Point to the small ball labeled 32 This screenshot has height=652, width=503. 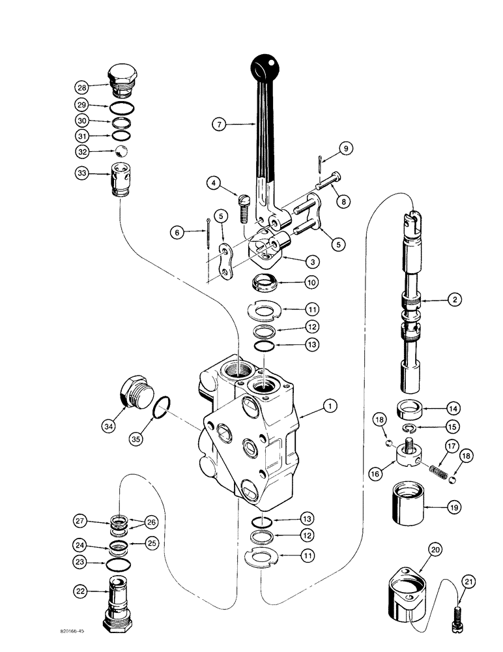tap(121, 153)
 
